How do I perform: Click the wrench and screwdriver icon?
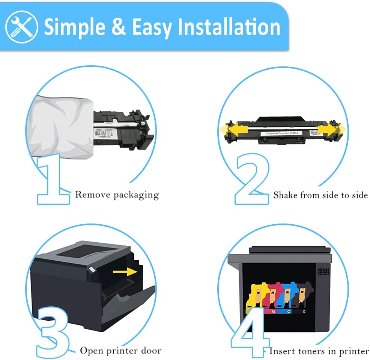pyautogui.click(x=22, y=26)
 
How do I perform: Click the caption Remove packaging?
pyautogui.click(x=117, y=195)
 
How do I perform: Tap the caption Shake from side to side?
pyautogui.click(x=320, y=195)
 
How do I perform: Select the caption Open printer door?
pyautogui.click(x=120, y=351)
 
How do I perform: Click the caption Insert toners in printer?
pyautogui.click(x=319, y=351)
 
